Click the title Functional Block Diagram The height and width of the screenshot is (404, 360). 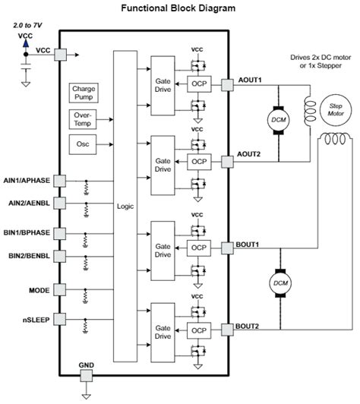179,8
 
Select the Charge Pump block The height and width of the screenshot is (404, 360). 83,93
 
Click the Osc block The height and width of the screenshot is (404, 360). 83,144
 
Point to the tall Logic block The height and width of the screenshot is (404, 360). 125,206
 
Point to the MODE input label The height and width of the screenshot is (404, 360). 40,290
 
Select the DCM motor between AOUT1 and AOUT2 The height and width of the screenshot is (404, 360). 274,118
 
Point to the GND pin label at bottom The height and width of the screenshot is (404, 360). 86,365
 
